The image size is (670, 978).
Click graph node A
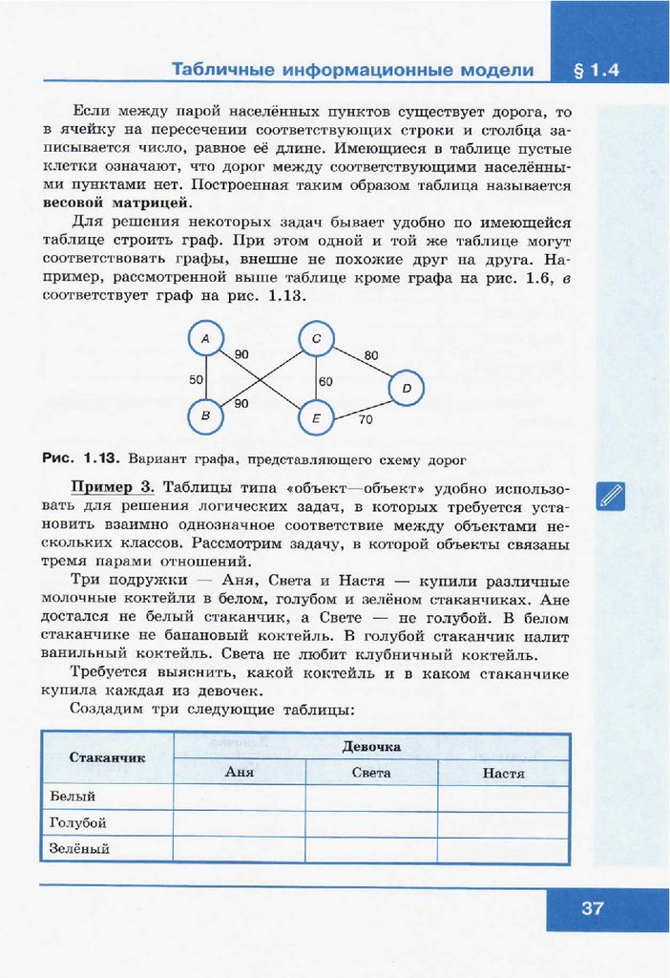205,338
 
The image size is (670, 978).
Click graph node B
205,416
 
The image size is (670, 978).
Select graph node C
316,339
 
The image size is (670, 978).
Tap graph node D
407,389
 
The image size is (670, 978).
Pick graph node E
316,417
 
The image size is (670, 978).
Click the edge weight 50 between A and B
196,379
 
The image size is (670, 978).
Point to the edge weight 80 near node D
371,355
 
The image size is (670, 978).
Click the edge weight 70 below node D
366,418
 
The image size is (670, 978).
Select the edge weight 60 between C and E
325,381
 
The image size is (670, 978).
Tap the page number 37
593,908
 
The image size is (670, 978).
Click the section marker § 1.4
598,72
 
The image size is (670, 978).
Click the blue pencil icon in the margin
610,496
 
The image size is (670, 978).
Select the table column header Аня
239,773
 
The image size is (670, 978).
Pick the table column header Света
370,773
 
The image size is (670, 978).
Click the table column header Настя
503,773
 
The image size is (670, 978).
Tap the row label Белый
73,797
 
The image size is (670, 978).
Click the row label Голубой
77,822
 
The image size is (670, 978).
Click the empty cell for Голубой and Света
370,822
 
